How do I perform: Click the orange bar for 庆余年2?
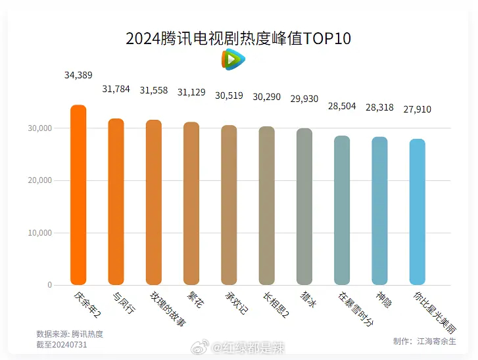78,195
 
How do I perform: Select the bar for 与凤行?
116,201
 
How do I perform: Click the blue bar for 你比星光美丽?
418,212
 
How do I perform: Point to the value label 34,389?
78,75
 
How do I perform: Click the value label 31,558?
154,90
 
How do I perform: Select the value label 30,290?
267,97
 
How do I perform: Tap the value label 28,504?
342,106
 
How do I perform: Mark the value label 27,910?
418,109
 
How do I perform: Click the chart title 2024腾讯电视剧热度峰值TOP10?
238,38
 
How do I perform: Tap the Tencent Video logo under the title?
233,60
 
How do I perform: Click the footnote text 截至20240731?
61,344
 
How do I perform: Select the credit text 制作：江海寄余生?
424,341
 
